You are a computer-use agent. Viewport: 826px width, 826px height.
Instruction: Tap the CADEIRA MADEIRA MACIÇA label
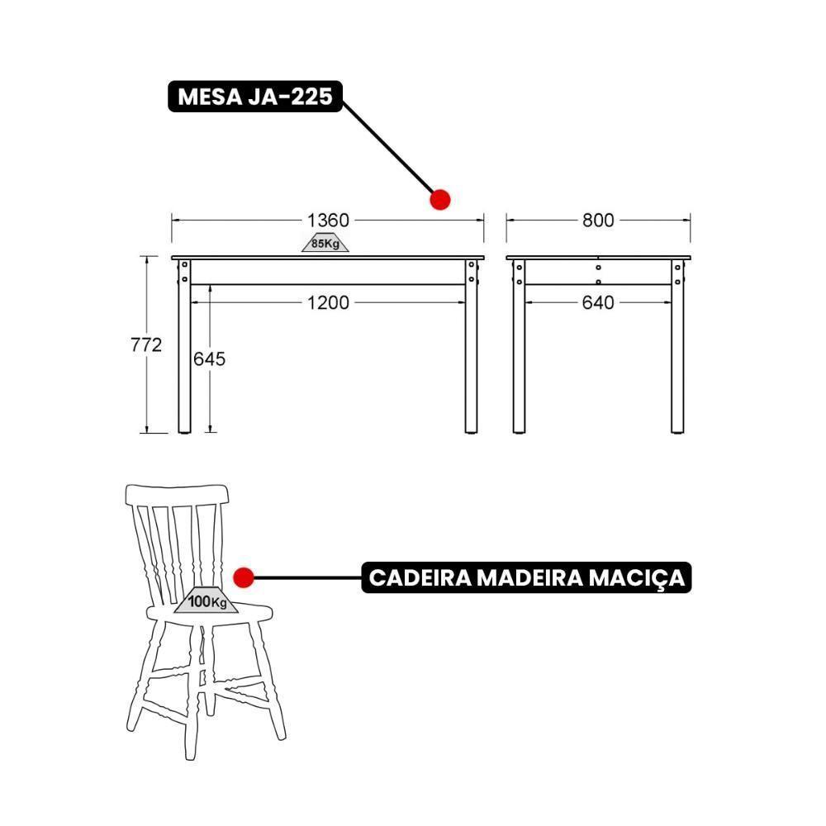tap(526, 577)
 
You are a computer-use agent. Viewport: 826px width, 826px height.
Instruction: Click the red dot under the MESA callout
tap(440, 199)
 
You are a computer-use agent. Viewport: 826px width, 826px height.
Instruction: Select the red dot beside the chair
tap(243, 577)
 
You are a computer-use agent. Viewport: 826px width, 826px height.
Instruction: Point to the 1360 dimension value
tap(328, 220)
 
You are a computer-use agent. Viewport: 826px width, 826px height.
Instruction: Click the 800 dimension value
tap(598, 220)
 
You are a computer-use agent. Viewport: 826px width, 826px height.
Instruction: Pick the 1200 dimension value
tap(328, 303)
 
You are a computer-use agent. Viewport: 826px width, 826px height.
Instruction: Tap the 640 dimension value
tap(598, 303)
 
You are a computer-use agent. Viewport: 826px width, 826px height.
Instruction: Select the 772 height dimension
tap(146, 345)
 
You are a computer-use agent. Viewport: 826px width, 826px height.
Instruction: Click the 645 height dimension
tap(209, 358)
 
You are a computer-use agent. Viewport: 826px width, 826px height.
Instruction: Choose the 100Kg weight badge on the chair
tap(206, 602)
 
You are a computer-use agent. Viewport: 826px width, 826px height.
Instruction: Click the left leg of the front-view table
tap(184, 355)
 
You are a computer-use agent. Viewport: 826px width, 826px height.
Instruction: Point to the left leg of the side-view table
tap(519, 355)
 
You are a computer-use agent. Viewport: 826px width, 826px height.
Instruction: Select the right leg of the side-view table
tap(677, 355)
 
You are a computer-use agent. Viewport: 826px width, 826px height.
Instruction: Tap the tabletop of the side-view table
tap(598, 257)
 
